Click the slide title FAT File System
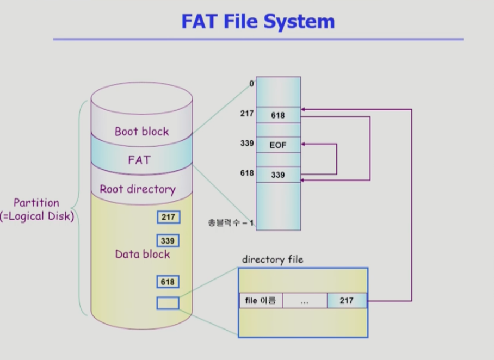point(258,21)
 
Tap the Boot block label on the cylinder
point(142,132)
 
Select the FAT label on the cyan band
point(139,160)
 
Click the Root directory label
point(138,189)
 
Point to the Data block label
point(143,254)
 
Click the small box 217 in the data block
point(169,217)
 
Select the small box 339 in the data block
point(168,240)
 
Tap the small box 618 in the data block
point(168,282)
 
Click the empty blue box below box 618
point(168,303)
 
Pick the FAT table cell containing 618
point(278,115)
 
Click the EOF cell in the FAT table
point(278,145)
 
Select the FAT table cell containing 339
point(278,175)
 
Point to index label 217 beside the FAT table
point(247,114)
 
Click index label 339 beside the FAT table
point(247,144)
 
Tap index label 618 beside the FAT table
point(247,173)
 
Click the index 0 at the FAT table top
point(251,83)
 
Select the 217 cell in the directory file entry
point(347,301)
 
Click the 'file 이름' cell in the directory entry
point(261,301)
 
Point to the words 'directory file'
point(273,259)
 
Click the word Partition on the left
point(36,202)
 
